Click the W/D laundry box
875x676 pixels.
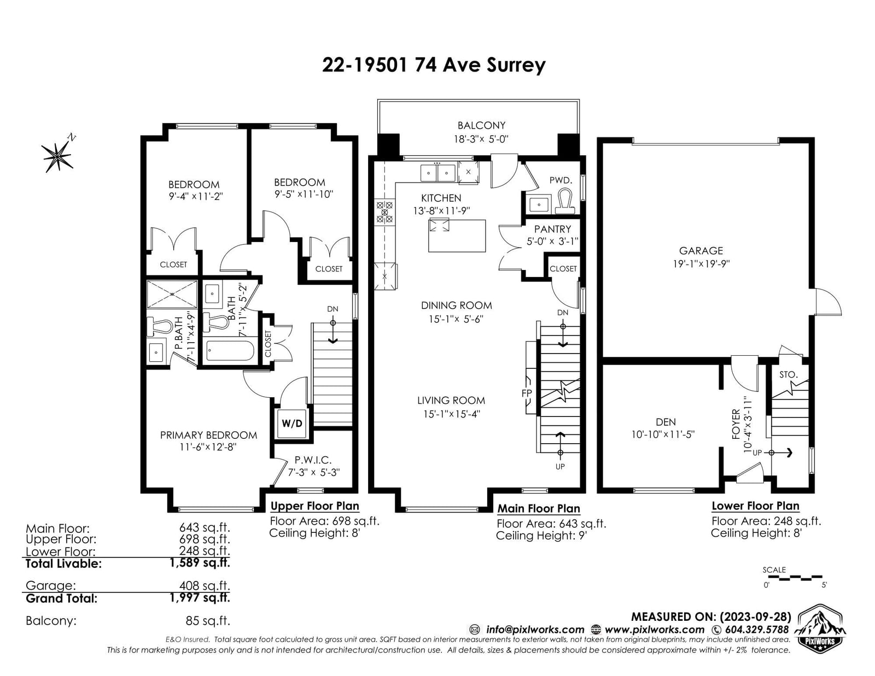(292, 423)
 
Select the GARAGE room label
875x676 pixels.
(701, 251)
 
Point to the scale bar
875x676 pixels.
(792, 578)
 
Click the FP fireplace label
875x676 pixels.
(527, 393)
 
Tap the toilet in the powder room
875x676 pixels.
(565, 201)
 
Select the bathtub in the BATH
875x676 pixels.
(230, 351)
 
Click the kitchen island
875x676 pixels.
(457, 236)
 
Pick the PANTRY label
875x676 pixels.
(552, 229)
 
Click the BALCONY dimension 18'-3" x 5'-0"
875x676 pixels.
(481, 139)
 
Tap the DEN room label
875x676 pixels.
(666, 422)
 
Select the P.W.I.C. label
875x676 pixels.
(313, 460)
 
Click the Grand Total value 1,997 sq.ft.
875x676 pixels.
(200, 598)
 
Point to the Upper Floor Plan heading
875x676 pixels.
(314, 506)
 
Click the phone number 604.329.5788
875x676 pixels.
(757, 630)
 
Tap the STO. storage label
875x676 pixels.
(788, 375)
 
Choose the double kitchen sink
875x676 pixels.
(437, 173)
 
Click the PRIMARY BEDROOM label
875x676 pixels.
(208, 435)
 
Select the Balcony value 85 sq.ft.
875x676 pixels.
(208, 620)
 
